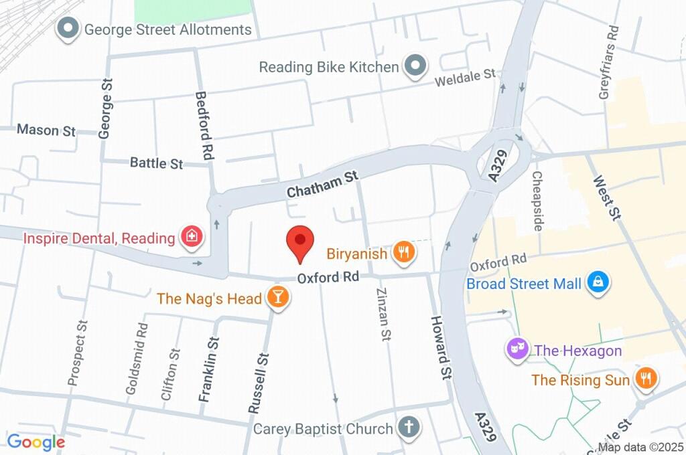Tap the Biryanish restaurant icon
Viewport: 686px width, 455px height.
click(x=404, y=252)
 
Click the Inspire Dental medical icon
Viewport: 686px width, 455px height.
click(x=192, y=237)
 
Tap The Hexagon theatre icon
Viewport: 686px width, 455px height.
click(x=516, y=349)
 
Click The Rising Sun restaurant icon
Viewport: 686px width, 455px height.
click(x=646, y=379)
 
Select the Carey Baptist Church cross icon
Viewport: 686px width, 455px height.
click(x=408, y=426)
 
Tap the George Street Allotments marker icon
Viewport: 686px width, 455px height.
click(x=67, y=29)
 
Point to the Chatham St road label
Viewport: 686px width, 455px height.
click(x=323, y=184)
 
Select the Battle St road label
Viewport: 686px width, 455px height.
click(x=156, y=163)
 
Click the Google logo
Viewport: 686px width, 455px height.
click(x=36, y=442)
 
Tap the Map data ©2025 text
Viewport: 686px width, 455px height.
click(x=640, y=447)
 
